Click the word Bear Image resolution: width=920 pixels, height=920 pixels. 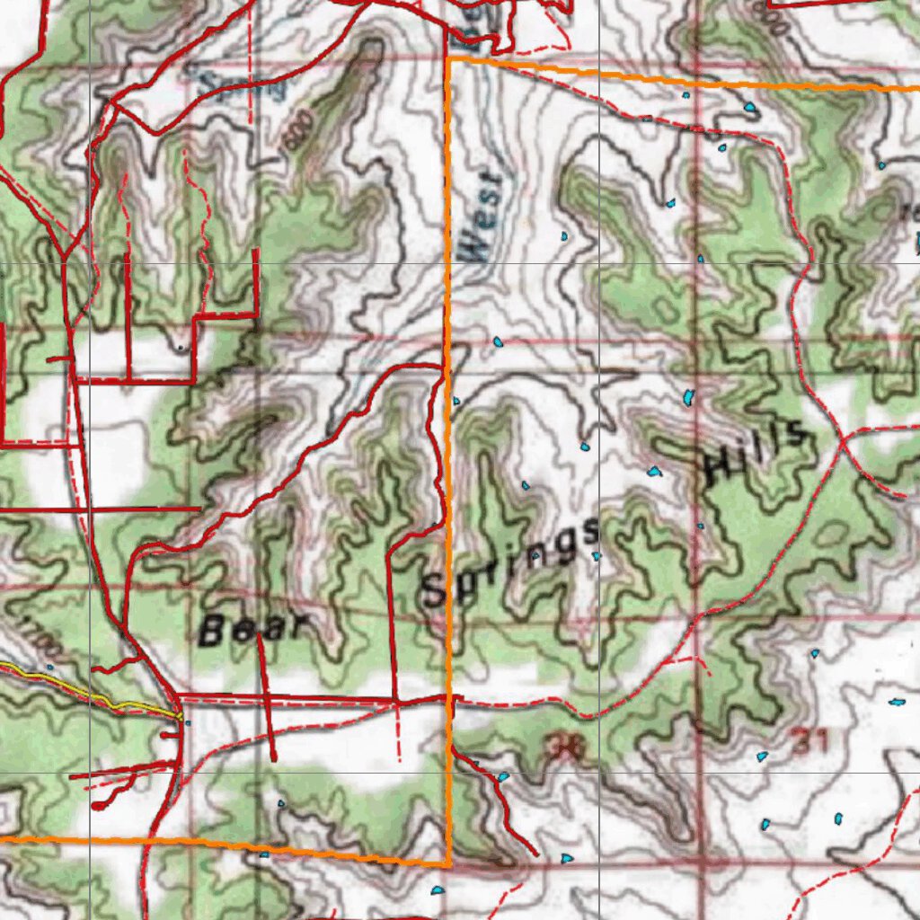click(x=254, y=628)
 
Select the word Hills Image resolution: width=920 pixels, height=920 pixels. click(x=753, y=455)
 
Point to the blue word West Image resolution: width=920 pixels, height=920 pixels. click(x=483, y=215)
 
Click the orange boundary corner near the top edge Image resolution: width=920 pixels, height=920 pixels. click(x=448, y=59)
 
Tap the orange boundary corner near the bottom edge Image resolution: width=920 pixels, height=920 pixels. click(x=447, y=864)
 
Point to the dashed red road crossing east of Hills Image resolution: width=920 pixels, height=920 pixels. click(x=839, y=443)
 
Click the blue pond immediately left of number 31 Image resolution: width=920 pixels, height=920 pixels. click(x=763, y=756)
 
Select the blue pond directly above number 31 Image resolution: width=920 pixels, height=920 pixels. click(x=815, y=654)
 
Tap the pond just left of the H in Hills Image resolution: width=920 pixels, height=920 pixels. click(x=654, y=471)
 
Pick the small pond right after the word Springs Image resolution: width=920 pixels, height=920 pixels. click(x=596, y=557)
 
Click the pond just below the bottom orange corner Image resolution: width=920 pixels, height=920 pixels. click(x=438, y=890)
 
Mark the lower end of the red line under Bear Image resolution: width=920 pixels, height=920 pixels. click(x=274, y=760)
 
